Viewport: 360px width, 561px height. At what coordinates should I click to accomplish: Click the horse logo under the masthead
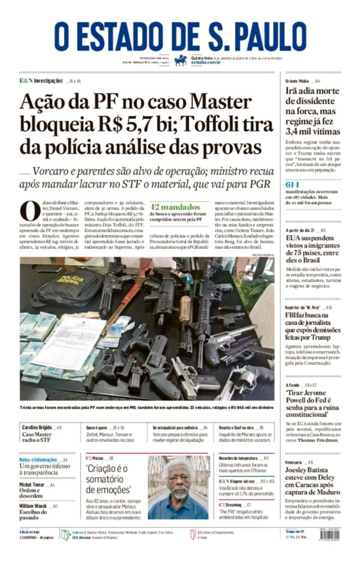(180, 60)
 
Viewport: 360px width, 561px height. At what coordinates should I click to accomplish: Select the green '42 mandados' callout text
(175, 207)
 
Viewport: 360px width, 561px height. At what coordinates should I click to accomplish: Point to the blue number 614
(292, 185)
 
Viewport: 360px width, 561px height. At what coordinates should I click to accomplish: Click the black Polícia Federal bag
(70, 285)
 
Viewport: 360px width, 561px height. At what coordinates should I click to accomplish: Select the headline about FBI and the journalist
(312, 326)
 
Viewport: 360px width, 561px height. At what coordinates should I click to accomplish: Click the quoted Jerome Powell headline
(312, 403)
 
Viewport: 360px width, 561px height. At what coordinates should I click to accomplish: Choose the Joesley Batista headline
(312, 481)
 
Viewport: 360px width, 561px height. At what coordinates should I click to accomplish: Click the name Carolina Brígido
(37, 427)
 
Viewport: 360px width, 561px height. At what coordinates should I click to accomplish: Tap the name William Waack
(33, 506)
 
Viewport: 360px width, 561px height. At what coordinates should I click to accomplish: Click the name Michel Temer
(32, 485)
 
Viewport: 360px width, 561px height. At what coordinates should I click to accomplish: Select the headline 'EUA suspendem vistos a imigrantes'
(312, 249)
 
